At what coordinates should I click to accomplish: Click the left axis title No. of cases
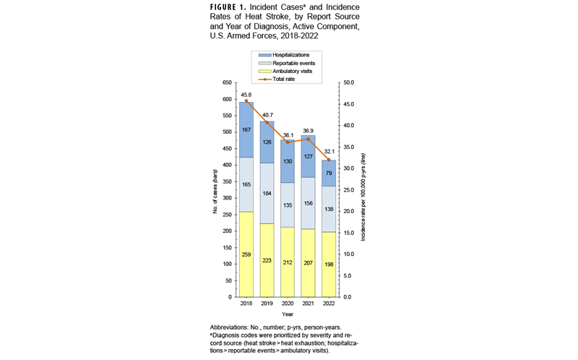coord(215,190)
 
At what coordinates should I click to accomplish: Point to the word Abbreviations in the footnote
coord(230,328)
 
